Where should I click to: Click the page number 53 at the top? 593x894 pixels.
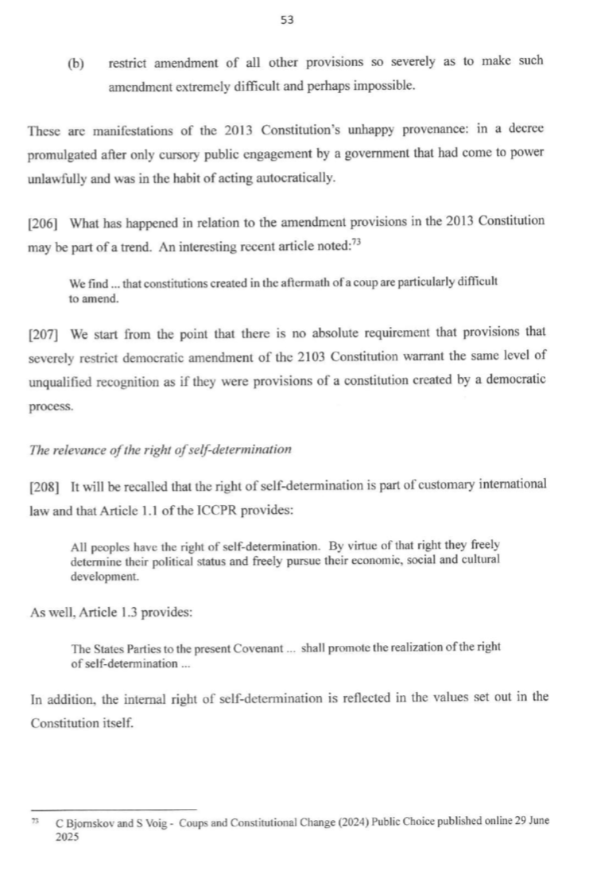point(288,21)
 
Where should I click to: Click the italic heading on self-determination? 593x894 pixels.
point(160,449)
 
